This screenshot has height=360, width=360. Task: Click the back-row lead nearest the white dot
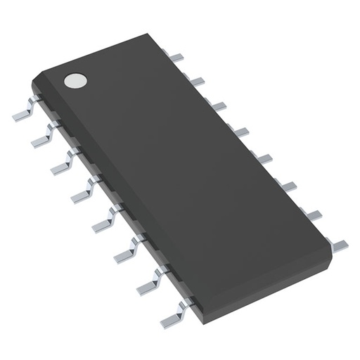pos(177,56)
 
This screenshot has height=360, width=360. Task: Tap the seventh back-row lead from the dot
pos(313,214)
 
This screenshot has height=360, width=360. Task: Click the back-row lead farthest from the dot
pos(338,243)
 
